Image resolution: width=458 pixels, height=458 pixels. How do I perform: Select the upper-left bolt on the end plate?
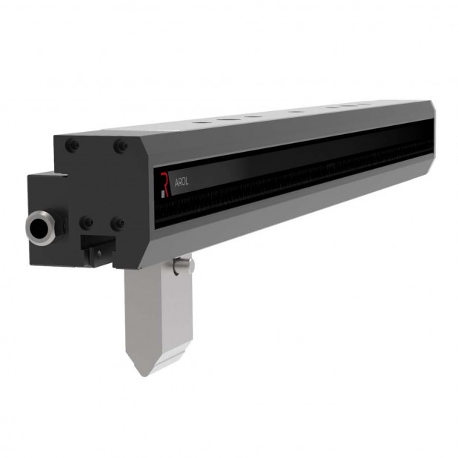72,146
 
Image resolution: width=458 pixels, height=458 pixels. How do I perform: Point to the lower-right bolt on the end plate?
117,223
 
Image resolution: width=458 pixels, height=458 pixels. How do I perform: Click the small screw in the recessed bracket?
94,254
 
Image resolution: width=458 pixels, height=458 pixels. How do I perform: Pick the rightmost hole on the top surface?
365,104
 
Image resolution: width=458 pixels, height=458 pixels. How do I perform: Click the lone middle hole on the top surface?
296,111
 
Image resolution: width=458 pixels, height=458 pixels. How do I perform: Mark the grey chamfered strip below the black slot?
296,204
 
